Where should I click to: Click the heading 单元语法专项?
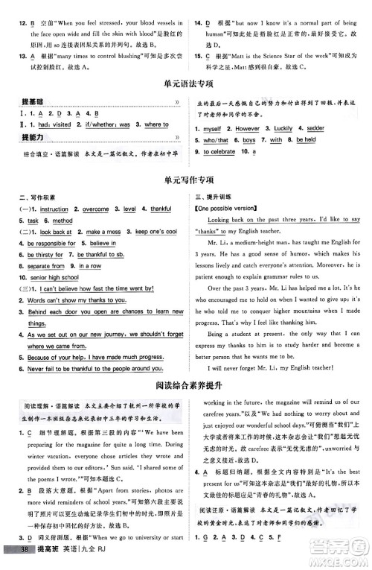coord(185,85)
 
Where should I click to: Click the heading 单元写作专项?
coord(185,180)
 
